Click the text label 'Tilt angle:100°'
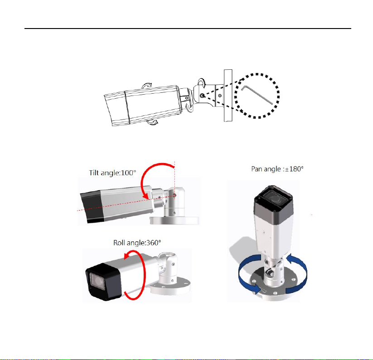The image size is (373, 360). pyautogui.click(x=112, y=173)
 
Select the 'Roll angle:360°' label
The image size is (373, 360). pyautogui.click(x=137, y=243)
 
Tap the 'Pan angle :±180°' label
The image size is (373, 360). pyautogui.click(x=277, y=169)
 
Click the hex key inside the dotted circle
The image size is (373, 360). pyautogui.click(x=257, y=95)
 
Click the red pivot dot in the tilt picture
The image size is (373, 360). pyautogui.click(x=174, y=195)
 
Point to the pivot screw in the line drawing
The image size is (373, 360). pyautogui.click(x=202, y=96)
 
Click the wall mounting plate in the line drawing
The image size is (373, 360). pyautogui.click(x=228, y=96)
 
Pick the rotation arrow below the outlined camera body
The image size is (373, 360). pyautogui.click(x=152, y=122)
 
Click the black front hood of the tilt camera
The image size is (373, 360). pyautogui.click(x=92, y=207)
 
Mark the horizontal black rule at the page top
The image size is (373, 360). pyautogui.click(x=188, y=29)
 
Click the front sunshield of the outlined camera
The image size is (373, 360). pyautogui.click(x=116, y=109)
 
